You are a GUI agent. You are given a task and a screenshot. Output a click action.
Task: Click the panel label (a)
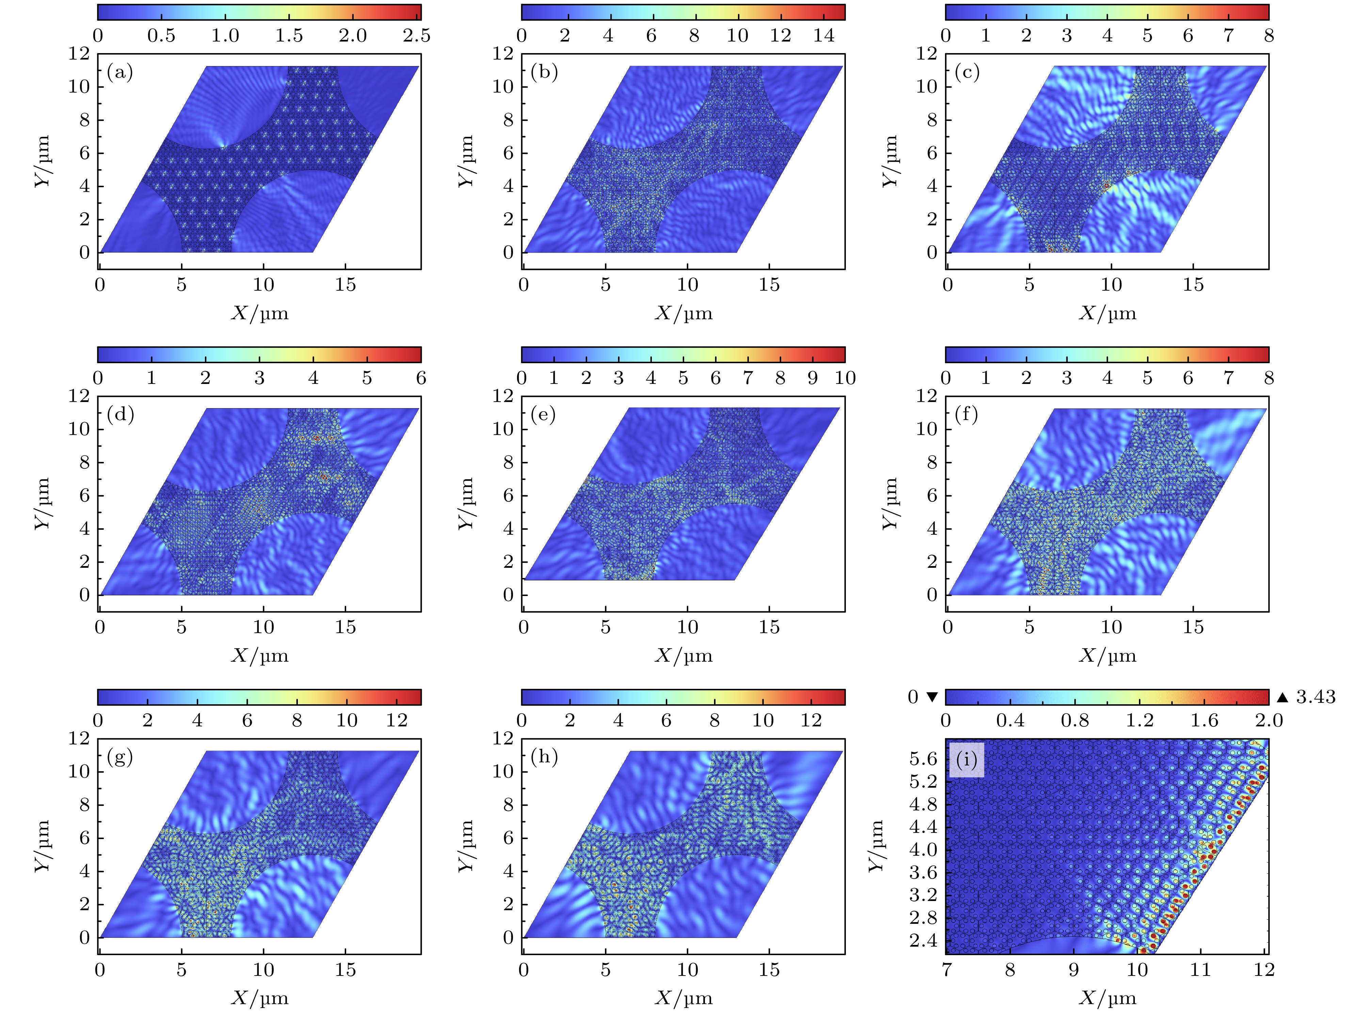119,73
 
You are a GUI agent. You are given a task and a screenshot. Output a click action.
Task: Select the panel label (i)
966,760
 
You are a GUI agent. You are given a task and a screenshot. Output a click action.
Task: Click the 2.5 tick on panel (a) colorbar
416,35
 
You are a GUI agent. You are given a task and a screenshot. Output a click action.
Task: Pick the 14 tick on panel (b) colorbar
824,35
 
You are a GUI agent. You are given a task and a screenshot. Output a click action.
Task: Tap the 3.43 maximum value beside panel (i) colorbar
1316,697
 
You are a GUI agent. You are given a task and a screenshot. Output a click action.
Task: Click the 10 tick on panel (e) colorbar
845,378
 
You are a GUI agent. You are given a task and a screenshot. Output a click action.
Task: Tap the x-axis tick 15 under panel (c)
1193,285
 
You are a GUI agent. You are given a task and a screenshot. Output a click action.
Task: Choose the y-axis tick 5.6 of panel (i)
923,759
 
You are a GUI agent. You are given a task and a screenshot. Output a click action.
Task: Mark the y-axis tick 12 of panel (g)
79,738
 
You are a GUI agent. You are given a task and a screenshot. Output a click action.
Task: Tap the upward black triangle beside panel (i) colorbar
1282,697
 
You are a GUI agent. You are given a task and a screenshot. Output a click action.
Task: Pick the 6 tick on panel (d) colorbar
421,378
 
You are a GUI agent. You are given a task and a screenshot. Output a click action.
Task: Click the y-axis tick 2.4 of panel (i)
923,940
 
